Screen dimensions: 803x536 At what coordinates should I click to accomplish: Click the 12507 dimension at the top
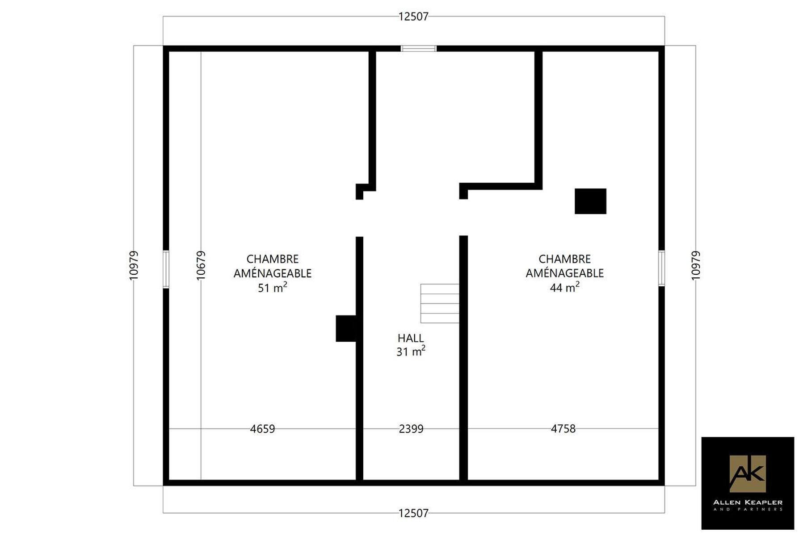tap(413, 17)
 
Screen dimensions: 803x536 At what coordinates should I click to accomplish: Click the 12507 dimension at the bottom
tap(413, 513)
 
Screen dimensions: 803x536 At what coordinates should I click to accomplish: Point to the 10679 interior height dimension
tap(201, 266)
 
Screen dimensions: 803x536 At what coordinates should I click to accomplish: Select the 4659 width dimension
tap(262, 429)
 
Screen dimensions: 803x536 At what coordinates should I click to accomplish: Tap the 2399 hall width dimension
tap(411, 429)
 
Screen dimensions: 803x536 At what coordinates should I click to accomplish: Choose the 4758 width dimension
tap(563, 429)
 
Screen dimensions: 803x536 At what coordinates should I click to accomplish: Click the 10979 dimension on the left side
tap(134, 266)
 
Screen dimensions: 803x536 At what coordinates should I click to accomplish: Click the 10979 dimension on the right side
tap(696, 266)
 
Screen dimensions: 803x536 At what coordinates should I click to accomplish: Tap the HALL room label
tap(411, 338)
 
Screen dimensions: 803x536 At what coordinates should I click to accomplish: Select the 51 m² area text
tap(273, 287)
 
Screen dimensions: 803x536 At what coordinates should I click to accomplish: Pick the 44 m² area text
tap(565, 287)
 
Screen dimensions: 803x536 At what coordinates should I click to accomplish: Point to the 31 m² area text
tap(411, 351)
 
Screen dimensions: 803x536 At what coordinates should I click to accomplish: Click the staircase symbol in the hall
tap(440, 303)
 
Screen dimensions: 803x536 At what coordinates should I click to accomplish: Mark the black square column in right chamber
tap(590, 201)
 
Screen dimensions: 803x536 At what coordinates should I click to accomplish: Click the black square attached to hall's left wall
tap(346, 328)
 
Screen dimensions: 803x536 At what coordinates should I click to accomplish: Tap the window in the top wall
tap(418, 49)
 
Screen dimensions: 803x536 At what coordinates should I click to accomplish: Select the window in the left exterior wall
tap(166, 269)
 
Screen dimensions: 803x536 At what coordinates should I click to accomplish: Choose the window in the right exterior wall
tap(661, 268)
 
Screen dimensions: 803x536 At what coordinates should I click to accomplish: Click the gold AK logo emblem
tap(748, 473)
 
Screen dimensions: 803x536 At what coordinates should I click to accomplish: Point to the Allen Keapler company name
tap(748, 502)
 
